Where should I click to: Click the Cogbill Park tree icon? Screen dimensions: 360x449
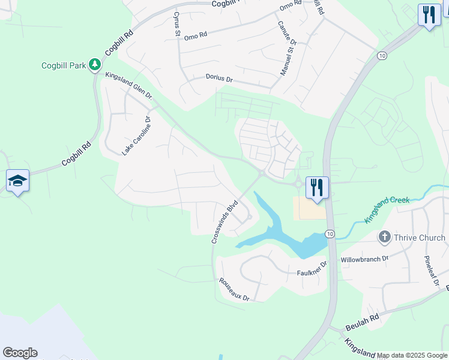coord(94,64)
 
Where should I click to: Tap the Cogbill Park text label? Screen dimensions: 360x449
coord(64,65)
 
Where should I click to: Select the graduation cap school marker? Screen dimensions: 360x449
coord(17,181)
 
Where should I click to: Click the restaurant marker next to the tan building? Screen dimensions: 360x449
coord(316,188)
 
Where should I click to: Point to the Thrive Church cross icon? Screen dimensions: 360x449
coord(385,238)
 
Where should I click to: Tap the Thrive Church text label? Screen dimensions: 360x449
coord(420,238)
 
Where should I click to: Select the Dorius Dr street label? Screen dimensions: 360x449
coord(219,78)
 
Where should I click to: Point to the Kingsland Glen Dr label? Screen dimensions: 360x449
coord(128,85)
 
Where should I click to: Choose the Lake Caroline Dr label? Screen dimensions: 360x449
coord(135,136)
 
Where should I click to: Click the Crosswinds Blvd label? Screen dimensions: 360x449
coord(224,222)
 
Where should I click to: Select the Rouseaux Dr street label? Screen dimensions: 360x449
coord(234,289)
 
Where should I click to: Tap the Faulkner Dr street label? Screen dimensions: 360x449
coord(312,268)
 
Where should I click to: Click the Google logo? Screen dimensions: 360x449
coord(20,353)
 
